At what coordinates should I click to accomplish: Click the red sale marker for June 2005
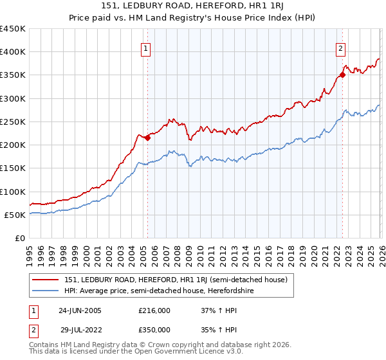[x=148, y=138]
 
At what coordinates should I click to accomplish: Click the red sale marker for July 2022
[x=342, y=75]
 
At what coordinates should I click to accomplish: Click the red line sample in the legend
[x=46, y=280]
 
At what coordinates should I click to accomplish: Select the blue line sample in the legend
[x=46, y=291]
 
